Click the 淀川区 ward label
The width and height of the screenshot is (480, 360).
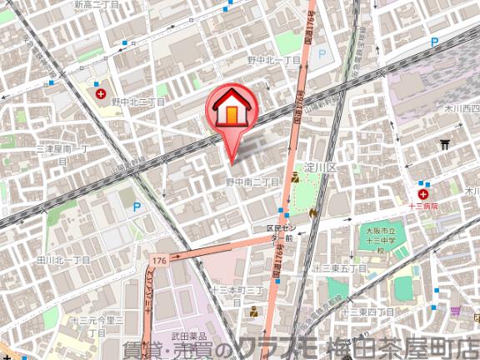[x=319, y=167]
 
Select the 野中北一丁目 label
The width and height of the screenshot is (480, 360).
[x=273, y=61]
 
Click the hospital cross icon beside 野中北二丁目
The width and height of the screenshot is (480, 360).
[x=102, y=94]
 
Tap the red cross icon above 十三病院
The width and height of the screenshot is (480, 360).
[x=424, y=193]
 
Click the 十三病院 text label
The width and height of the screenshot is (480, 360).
[x=423, y=205]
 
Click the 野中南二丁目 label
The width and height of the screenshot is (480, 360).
[x=252, y=182]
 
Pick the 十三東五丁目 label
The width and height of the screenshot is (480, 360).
[x=340, y=268]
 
